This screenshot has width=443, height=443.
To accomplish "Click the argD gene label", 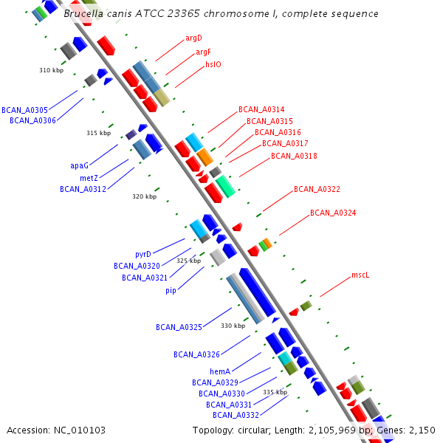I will [x=193, y=38].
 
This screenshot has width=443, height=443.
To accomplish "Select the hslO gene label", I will [x=213, y=64].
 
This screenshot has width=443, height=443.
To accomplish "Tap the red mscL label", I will [x=360, y=275].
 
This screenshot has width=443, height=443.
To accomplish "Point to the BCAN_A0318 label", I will [x=294, y=156].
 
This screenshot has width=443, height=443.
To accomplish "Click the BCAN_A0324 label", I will [x=333, y=213].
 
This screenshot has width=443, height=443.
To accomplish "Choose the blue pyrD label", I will [x=143, y=254].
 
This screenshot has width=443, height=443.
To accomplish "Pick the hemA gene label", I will [x=221, y=371].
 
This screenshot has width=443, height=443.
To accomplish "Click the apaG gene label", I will [x=79, y=166].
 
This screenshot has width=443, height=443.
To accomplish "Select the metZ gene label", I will [x=89, y=178].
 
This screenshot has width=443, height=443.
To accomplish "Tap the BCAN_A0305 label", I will [x=24, y=109].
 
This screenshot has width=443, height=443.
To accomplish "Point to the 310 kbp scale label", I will [x=51, y=70].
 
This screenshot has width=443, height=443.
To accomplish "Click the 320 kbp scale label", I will [x=144, y=196].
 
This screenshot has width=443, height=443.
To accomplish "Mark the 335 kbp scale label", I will [x=275, y=392].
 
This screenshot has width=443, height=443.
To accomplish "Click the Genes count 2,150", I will [x=422, y=430].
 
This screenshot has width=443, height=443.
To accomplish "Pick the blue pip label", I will [x=171, y=290].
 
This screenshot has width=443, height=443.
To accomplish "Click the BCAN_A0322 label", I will [x=317, y=189].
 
